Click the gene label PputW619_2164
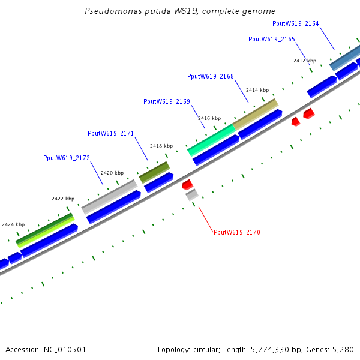295,24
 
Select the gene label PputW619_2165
271,39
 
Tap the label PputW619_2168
210,77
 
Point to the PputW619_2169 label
166,102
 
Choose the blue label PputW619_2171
110,133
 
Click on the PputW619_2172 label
66,158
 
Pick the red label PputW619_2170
237,232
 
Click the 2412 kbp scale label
304,61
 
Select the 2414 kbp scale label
257,90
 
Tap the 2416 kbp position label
209,118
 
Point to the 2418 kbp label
161,146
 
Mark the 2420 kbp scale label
112,173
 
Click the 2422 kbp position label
63,199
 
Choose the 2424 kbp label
13,224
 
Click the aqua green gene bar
211,140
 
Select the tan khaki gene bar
256,114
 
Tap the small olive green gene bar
154,172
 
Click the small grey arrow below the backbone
192,194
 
